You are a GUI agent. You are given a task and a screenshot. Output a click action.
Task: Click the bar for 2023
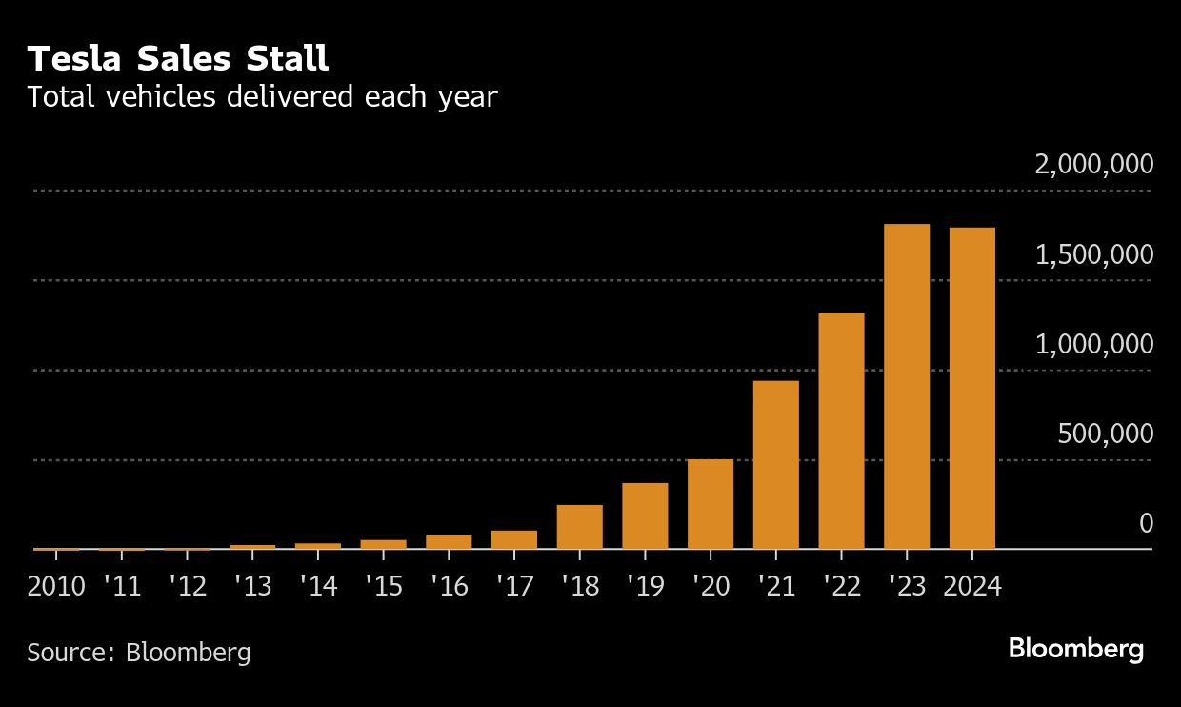click(x=907, y=386)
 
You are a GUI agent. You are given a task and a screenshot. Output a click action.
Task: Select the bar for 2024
click(x=972, y=388)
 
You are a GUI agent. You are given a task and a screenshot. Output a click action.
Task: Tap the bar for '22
click(x=841, y=431)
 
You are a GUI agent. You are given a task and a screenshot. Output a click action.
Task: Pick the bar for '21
click(x=775, y=465)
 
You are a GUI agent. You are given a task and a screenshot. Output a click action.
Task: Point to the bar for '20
click(x=711, y=504)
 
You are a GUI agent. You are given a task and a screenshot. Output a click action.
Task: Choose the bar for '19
click(x=645, y=515)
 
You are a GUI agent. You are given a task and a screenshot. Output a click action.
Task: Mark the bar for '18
click(x=580, y=527)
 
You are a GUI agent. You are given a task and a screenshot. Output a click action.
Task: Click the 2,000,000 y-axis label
click(x=1094, y=165)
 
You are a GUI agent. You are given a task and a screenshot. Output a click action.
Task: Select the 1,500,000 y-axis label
click(x=1094, y=254)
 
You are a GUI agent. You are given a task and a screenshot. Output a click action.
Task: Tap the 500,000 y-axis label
click(x=1105, y=434)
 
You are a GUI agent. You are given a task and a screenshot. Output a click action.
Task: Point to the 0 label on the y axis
click(x=1146, y=523)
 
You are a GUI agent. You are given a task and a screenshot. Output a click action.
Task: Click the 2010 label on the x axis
click(x=56, y=585)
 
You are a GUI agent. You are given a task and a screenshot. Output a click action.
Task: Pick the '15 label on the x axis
click(x=383, y=585)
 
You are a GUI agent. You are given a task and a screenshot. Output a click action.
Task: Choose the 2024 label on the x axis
click(x=972, y=585)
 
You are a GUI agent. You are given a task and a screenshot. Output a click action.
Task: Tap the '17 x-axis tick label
click(x=513, y=585)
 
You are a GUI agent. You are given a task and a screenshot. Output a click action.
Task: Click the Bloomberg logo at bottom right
click(x=1075, y=650)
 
